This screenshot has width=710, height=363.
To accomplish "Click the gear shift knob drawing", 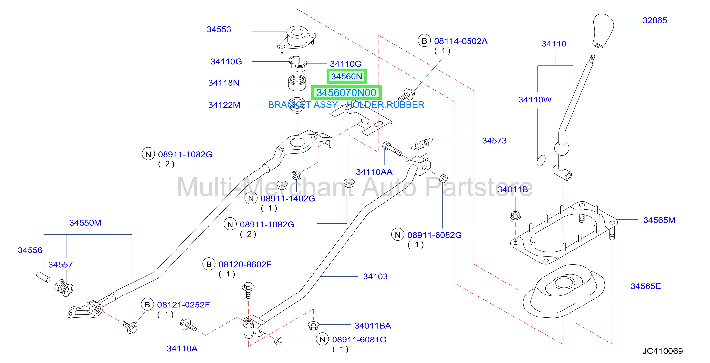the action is pos(603,30).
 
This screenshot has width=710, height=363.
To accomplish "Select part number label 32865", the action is pos(655,20).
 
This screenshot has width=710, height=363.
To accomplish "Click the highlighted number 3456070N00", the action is pos(346,93).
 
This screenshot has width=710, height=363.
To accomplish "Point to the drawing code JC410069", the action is pos(663,351).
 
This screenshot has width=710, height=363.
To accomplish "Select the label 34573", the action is pos(494,140).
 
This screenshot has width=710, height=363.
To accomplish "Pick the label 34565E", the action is pos(646,286).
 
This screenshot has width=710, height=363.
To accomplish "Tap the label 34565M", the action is pos(659,220).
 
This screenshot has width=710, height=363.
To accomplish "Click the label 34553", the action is pos(219,29).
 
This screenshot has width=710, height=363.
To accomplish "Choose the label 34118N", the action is pos(224,83).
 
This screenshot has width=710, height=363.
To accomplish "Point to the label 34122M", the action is pos(224,105).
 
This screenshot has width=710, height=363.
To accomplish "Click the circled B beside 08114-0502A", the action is pos(424,41).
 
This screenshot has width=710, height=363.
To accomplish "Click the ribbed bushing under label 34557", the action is pos(64,288).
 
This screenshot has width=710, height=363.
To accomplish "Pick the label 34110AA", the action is pos(374,172).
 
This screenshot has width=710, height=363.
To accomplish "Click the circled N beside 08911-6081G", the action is pos(322,340).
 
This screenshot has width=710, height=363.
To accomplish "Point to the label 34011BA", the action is pos(373,326).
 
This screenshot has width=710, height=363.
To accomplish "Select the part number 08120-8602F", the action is pos(245,264).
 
